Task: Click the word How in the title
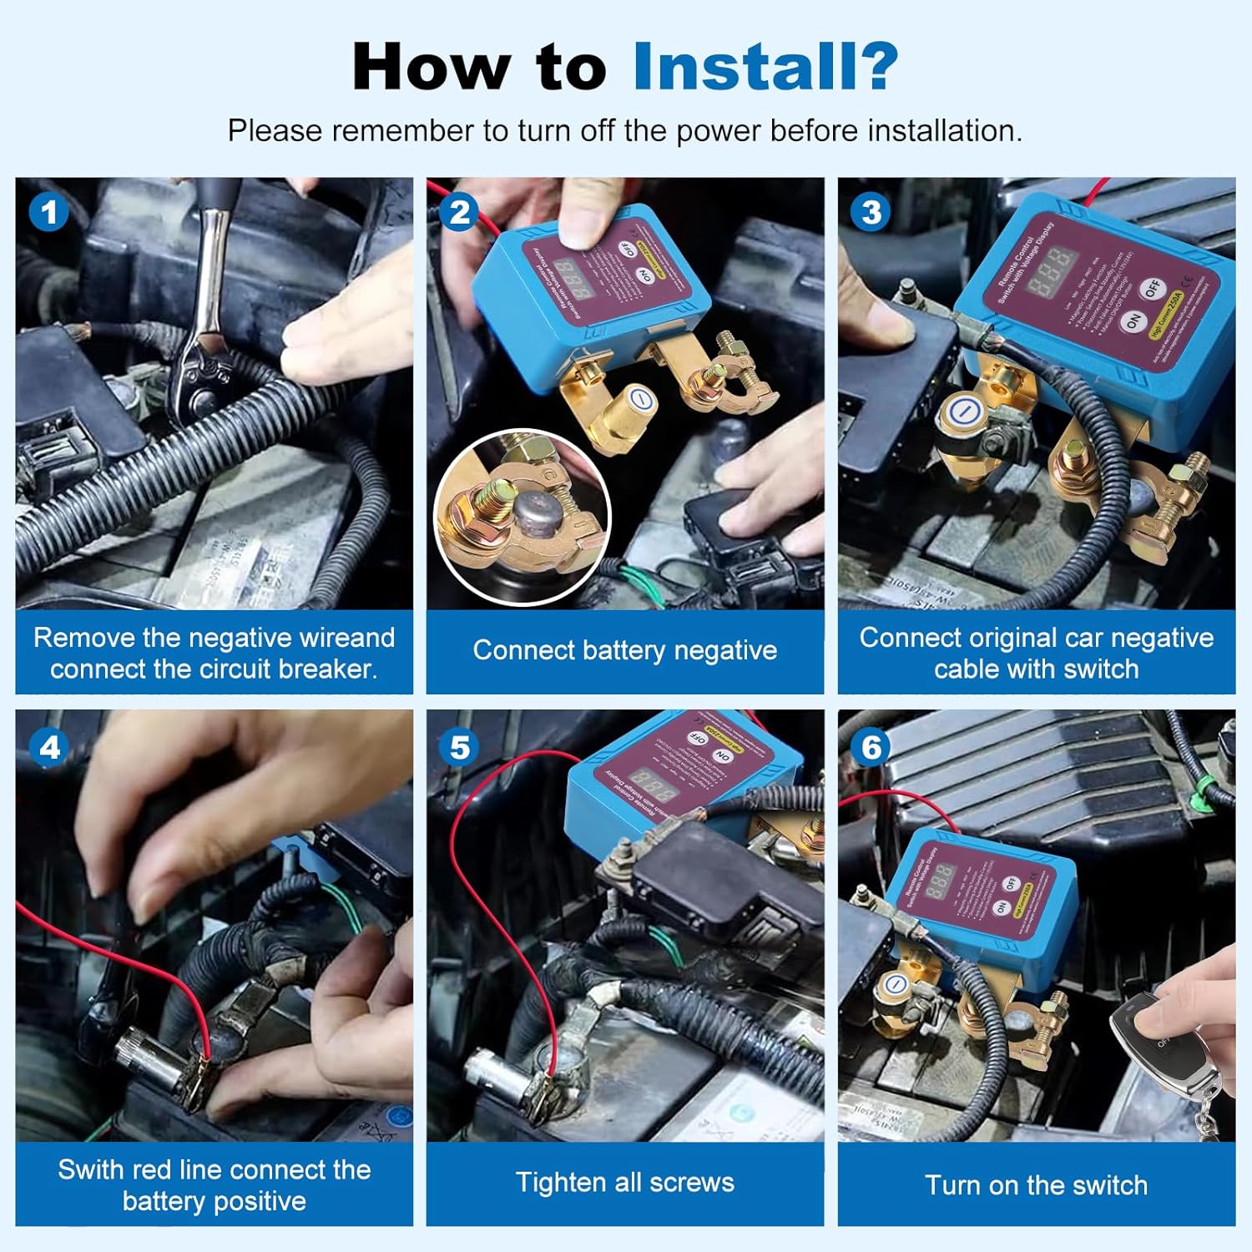coord(431,67)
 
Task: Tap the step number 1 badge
coord(48,212)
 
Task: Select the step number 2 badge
coord(459,212)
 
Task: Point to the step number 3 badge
coord(871,212)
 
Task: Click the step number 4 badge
coord(48,746)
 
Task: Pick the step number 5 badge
coord(459,746)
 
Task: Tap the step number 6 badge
coord(871,746)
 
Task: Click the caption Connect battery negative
coord(624,650)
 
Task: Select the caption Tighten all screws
coord(624,1182)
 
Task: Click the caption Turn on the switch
coord(1036,1184)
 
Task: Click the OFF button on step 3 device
coord(1153,289)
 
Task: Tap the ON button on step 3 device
coord(1133,321)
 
